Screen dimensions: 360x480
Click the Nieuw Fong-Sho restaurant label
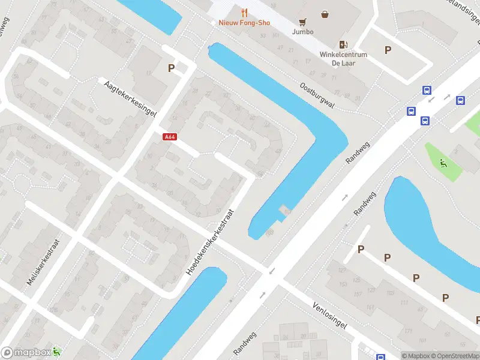244,23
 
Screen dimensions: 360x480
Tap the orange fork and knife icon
244,12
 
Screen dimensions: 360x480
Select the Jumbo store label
302,31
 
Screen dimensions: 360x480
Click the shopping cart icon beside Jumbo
303,20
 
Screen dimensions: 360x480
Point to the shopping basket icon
325,14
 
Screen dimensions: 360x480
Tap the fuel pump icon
343,44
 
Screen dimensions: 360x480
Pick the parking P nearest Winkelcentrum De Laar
388,50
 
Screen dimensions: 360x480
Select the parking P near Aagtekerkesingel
172,68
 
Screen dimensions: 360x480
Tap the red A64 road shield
170,137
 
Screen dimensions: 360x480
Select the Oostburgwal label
317,94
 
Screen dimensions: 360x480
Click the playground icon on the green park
443,162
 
